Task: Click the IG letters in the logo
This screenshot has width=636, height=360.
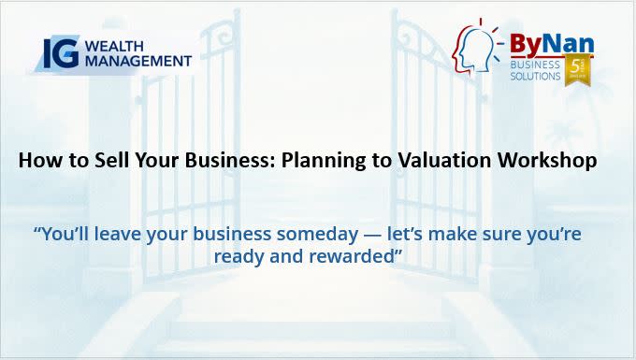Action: pos(61,53)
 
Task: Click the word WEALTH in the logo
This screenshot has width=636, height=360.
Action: pos(114,47)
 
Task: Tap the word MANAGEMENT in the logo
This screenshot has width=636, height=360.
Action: pos(138,61)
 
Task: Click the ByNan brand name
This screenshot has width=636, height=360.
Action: pos(552,44)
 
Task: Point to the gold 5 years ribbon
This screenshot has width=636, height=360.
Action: pos(578,69)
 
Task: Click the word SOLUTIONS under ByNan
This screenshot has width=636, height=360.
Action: pos(535,76)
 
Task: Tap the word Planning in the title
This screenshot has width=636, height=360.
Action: pos(323,161)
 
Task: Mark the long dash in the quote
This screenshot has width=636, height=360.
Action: pos(373,235)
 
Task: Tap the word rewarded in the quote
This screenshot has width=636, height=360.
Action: pos(352,256)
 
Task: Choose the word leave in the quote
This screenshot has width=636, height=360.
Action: pos(117,234)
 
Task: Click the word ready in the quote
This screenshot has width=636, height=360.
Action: pos(238,257)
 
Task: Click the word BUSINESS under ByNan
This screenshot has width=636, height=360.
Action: pos(535,65)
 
